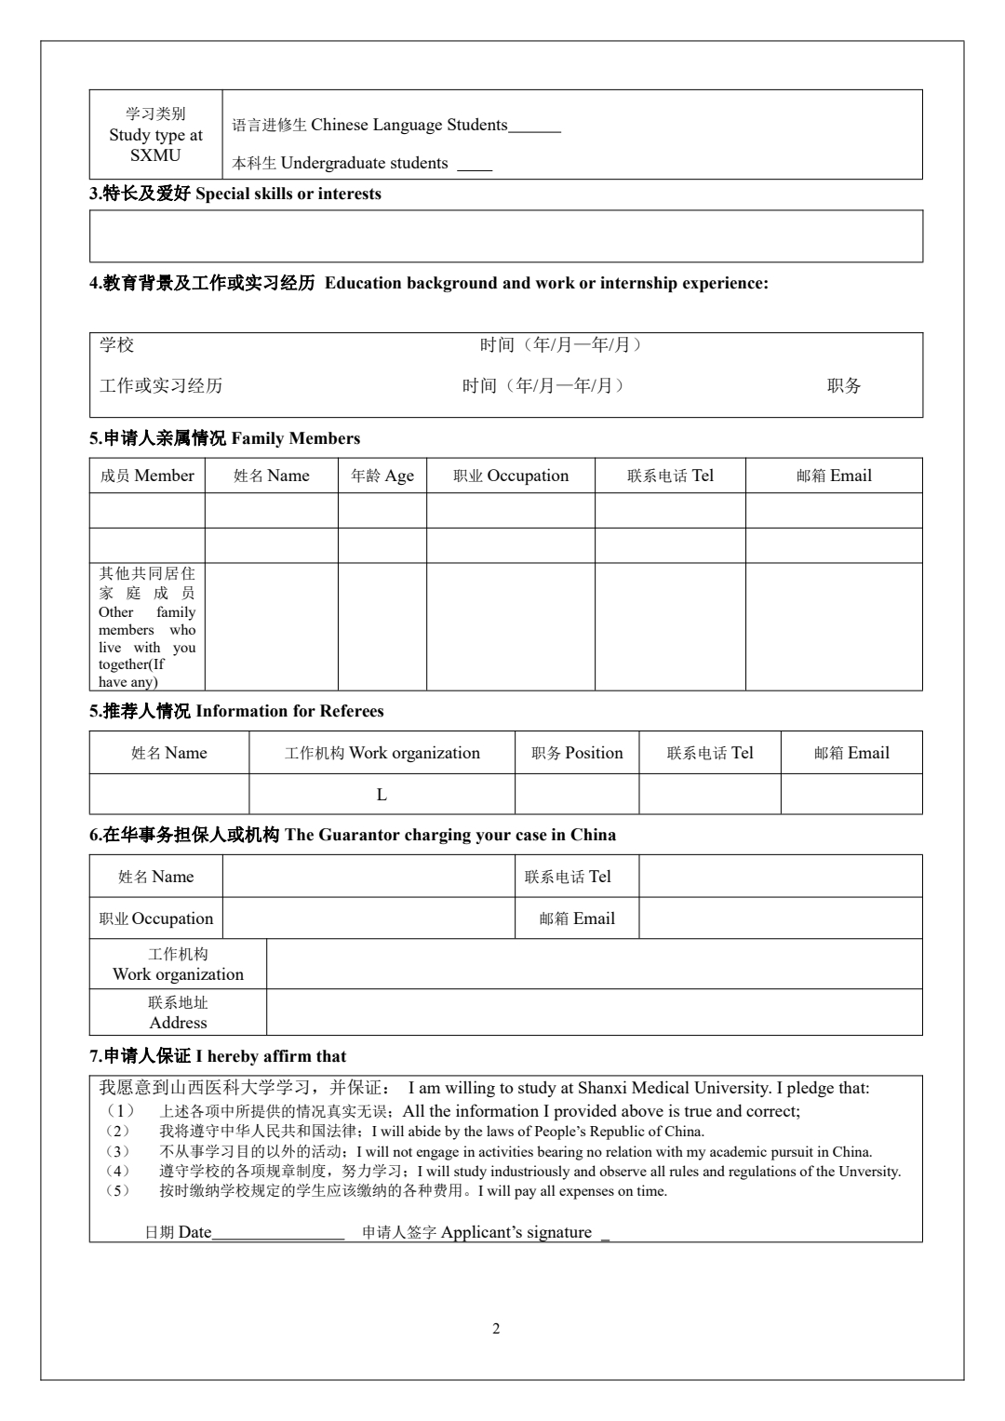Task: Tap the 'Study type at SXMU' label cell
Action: click(x=155, y=135)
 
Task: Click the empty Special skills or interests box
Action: click(x=505, y=235)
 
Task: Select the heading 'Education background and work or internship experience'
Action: click(x=546, y=284)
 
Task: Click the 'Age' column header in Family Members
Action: click(x=382, y=476)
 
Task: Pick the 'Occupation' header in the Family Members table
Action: click(x=511, y=476)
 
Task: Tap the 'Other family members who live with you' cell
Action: click(x=147, y=626)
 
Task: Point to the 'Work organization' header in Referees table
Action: click(x=382, y=754)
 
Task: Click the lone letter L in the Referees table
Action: click(x=382, y=795)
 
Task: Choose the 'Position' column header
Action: click(x=577, y=754)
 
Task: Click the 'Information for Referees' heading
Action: click(x=289, y=712)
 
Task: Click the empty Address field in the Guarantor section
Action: click(x=594, y=1012)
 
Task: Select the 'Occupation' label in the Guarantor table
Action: click(x=156, y=919)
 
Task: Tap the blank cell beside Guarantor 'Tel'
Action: click(x=780, y=877)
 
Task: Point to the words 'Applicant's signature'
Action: click(x=516, y=1233)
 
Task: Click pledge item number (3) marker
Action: click(x=116, y=1152)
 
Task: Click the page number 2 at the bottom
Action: click(x=496, y=1329)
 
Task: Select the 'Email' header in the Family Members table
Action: click(x=834, y=476)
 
